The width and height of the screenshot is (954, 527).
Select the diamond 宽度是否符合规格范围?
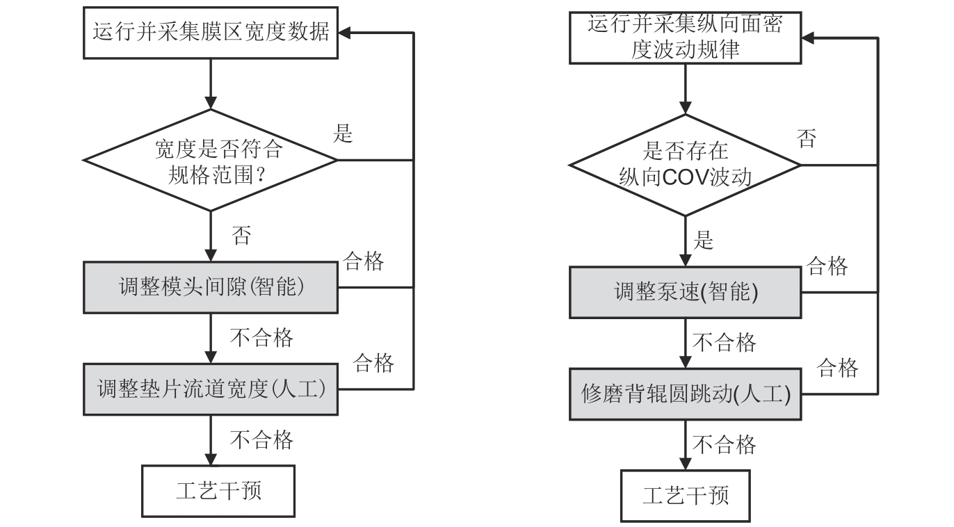pos(211,160)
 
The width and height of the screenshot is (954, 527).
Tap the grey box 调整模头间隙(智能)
pos(211,286)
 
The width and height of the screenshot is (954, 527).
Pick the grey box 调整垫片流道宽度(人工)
pos(211,389)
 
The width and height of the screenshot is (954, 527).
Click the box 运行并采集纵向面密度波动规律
pos(685,38)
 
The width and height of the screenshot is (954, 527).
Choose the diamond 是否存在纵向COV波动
pos(685,165)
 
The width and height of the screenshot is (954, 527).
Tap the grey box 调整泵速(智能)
pos(685,293)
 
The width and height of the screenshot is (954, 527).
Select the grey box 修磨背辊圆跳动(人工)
pos(685,394)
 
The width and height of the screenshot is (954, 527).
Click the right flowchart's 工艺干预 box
pos(685,496)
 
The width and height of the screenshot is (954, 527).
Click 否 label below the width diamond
pos(241,235)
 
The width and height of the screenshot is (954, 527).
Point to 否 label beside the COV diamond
pos(807,138)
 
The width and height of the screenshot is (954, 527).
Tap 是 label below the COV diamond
pos(704,241)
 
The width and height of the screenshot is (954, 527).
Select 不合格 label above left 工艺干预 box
pos(261,439)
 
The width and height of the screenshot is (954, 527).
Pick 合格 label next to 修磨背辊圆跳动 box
pos(837,368)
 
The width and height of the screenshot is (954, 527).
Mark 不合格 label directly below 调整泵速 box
pos(725,342)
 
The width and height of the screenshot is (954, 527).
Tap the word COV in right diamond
pos(684,178)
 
